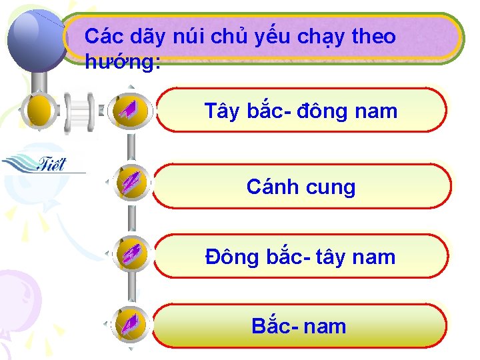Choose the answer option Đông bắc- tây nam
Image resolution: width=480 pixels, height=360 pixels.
click(300, 257)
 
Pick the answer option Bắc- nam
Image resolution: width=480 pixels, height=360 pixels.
click(299, 326)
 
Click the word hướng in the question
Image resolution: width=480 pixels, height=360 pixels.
click(123, 62)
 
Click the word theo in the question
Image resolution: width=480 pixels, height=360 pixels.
click(373, 37)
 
